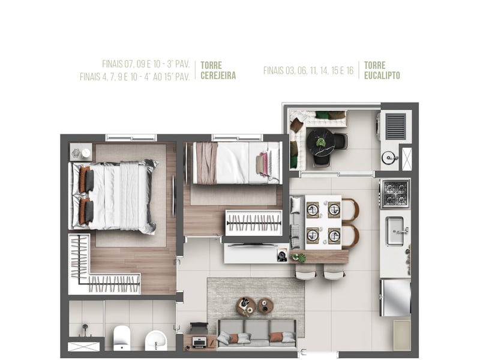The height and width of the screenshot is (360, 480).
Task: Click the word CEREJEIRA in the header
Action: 218,76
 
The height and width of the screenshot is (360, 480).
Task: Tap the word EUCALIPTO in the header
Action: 382,76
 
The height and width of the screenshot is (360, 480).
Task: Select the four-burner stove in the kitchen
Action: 395,193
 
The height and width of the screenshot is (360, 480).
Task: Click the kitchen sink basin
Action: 395,231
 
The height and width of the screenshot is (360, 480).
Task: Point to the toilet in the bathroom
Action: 122,338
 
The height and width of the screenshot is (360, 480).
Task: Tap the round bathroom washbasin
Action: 156,340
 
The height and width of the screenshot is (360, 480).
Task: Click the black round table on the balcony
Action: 321,143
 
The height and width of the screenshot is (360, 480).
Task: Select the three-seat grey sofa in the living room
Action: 256,334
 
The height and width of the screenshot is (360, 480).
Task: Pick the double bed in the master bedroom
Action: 113,196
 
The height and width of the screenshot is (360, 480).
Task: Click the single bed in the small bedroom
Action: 236,163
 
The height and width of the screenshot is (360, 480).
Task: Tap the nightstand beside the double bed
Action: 81,152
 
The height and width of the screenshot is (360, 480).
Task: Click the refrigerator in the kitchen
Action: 395,298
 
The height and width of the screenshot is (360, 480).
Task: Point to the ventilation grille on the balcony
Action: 395,127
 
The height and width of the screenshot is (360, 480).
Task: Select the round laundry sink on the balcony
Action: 389,158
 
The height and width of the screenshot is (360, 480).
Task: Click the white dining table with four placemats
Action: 323,222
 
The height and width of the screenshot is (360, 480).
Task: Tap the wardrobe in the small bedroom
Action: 254,223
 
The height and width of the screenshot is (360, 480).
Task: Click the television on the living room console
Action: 250,244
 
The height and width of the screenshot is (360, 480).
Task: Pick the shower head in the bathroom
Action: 85,328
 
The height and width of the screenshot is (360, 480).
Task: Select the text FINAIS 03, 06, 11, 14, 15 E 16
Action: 308,71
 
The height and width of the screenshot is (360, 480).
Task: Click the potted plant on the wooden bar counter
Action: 299,257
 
